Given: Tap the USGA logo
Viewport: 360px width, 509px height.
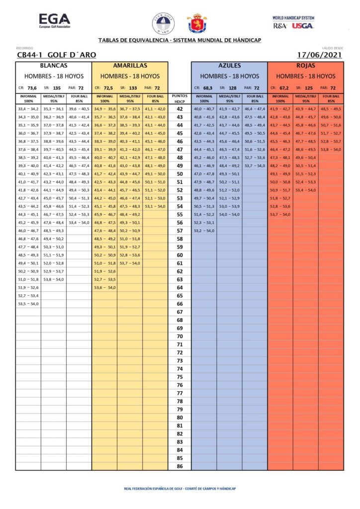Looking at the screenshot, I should (303, 26).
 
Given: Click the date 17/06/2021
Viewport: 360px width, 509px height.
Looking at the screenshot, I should (319, 55).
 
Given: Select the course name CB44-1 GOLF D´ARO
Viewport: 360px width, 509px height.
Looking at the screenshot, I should (56, 55).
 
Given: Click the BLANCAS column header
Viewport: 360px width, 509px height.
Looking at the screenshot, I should (54, 66).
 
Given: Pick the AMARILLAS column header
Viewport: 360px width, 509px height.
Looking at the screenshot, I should (130, 66).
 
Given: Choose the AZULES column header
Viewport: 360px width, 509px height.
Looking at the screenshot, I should (230, 66).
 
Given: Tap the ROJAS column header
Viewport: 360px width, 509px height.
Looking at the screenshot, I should (306, 66).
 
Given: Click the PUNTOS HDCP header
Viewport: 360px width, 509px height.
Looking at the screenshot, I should (180, 98).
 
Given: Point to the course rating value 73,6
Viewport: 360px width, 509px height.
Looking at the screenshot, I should (32, 88).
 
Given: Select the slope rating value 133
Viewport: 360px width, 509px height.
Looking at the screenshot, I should (133, 88).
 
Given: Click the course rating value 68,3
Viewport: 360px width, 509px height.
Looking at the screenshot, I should (208, 88).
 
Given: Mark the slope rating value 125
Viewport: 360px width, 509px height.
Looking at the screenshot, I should (309, 88).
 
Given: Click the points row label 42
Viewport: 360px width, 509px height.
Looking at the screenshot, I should (180, 109).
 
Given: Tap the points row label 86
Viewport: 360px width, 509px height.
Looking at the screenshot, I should (180, 466).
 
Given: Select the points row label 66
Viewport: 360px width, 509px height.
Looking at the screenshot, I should (180, 304).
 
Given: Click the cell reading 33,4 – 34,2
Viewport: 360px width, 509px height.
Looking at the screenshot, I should (28, 109).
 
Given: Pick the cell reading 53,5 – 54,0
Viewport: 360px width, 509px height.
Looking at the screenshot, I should (28, 304).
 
